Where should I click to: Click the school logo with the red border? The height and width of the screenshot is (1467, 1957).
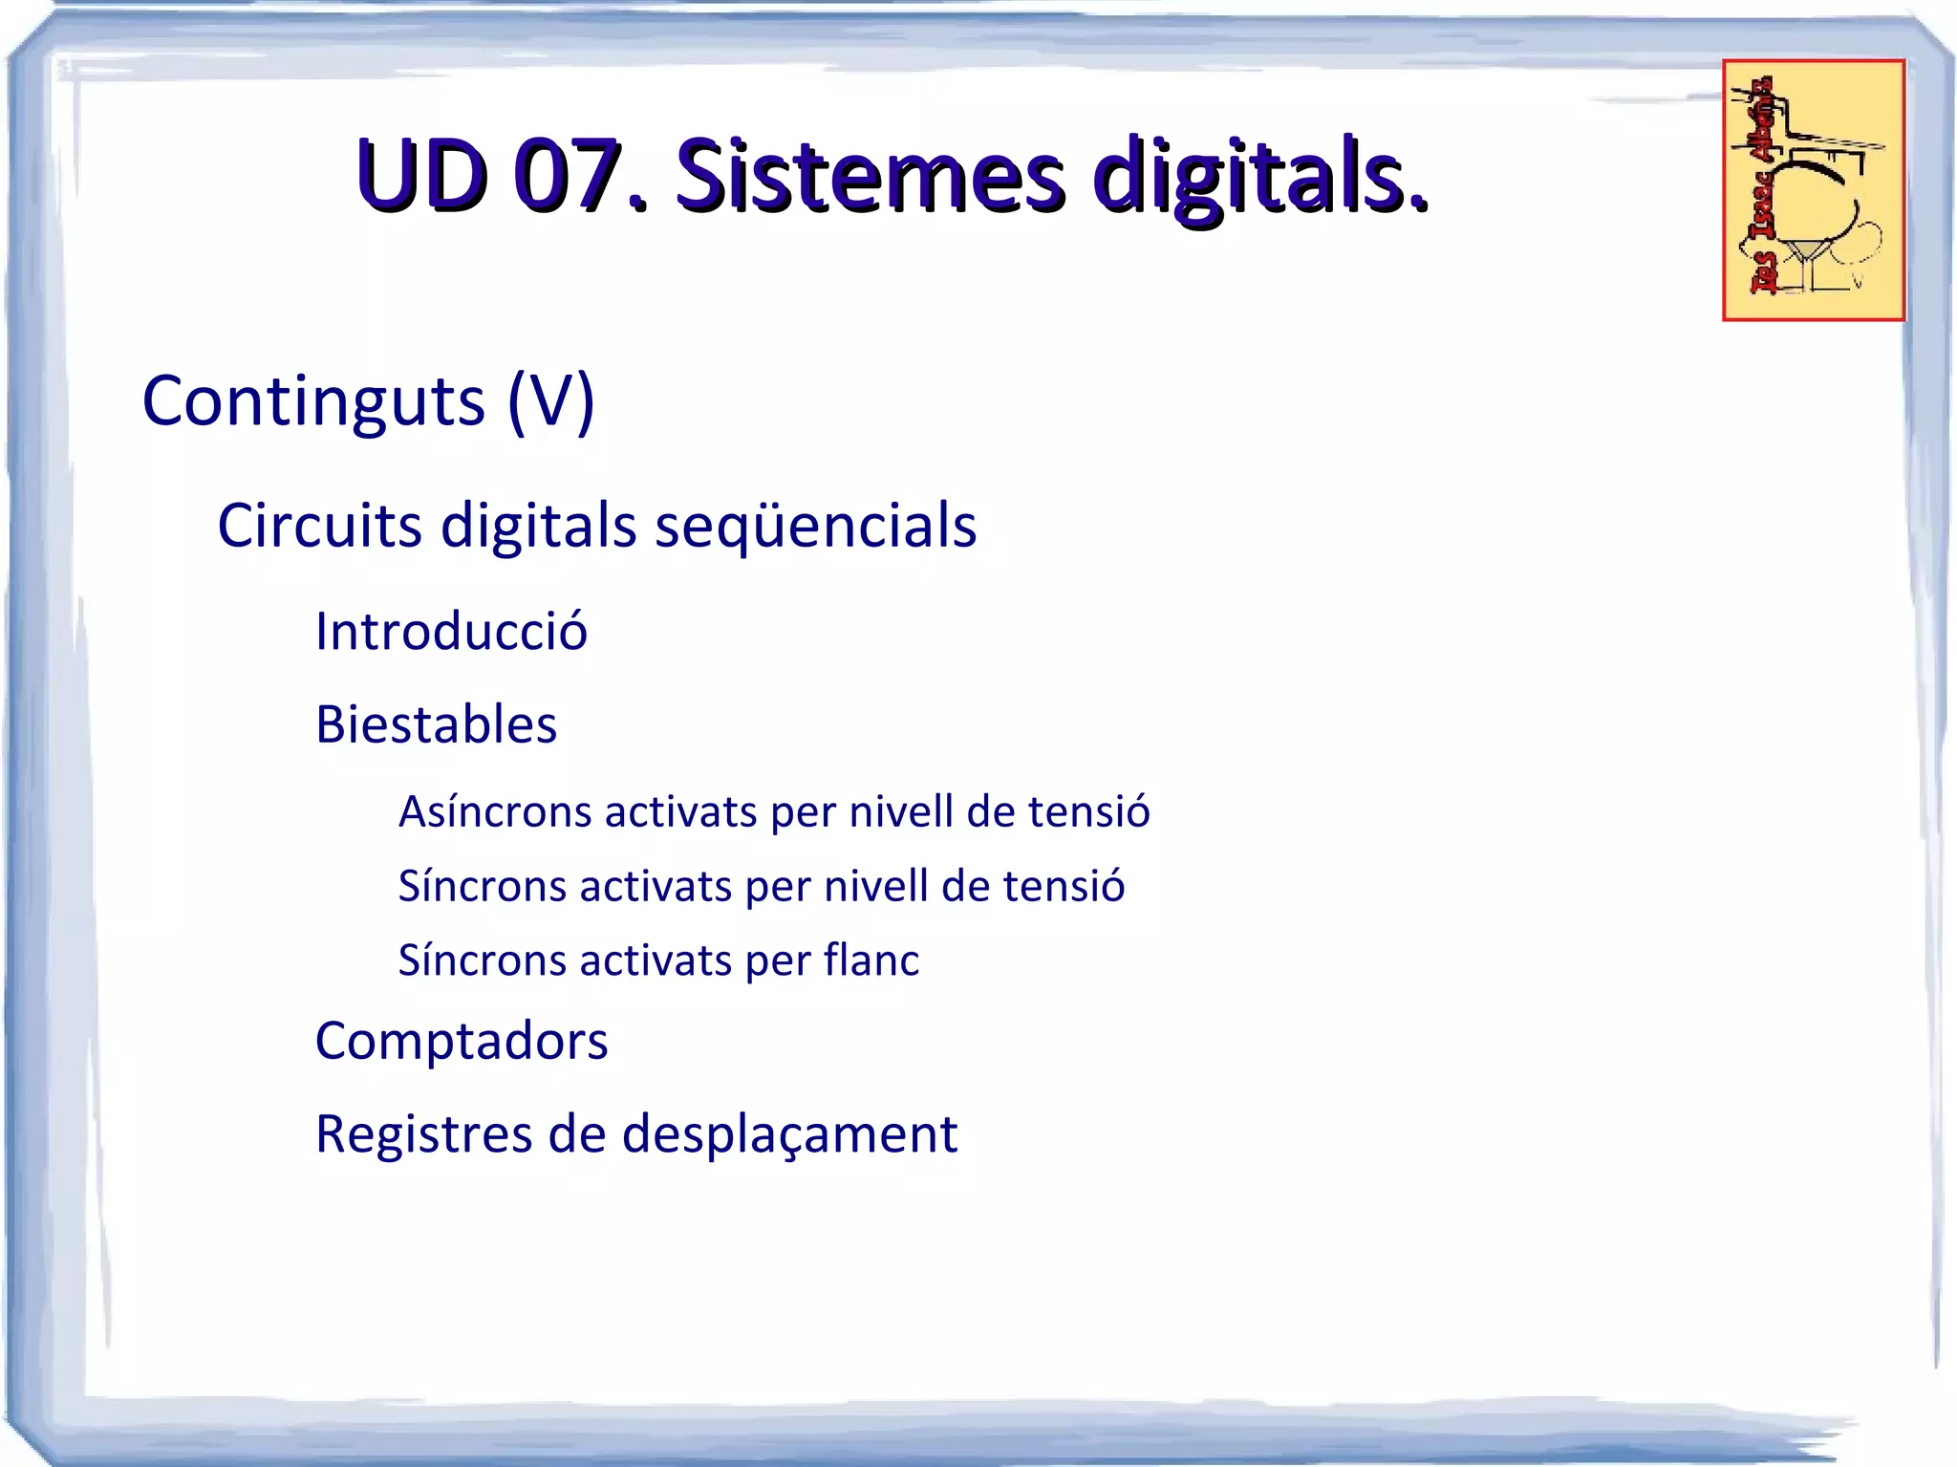pyautogui.click(x=1813, y=190)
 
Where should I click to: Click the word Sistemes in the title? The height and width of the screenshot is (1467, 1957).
pyautogui.click(x=870, y=176)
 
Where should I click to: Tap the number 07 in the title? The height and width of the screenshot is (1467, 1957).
pyautogui.click(x=568, y=176)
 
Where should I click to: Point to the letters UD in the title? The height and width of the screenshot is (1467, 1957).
pyautogui.click(x=420, y=176)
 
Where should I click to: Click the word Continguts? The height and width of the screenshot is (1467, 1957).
pyautogui.click(x=313, y=401)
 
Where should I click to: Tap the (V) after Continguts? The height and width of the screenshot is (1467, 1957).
pyautogui.click(x=551, y=401)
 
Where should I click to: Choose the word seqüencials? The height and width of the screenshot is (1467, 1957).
pyautogui.click(x=815, y=526)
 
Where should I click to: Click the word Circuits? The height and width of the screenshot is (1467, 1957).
pyautogui.click(x=319, y=526)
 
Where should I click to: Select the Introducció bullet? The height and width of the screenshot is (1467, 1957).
pyautogui.click(x=451, y=631)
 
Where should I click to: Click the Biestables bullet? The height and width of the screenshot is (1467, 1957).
pyautogui.click(x=436, y=724)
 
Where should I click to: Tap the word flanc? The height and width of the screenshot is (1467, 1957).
pyautogui.click(x=871, y=960)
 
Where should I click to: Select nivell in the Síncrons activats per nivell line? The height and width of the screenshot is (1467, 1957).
pyautogui.click(x=876, y=887)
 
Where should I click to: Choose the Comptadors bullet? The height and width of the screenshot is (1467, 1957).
pyautogui.click(x=462, y=1041)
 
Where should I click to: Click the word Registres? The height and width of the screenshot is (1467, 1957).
pyautogui.click(x=423, y=1134)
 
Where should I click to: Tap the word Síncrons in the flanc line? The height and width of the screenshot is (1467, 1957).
pyautogui.click(x=481, y=960)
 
